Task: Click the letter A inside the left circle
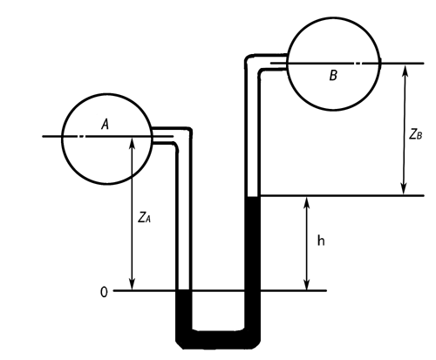tap(106, 125)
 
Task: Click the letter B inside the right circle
tap(333, 75)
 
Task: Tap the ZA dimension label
tap(144, 217)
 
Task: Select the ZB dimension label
tap(416, 134)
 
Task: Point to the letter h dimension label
tap(321, 241)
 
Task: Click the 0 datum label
tap(104, 292)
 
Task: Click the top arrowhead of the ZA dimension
tap(133, 143)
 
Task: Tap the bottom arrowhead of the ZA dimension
tap(133, 284)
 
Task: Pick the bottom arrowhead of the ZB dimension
tap(404, 188)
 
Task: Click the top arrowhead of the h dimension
tap(306, 203)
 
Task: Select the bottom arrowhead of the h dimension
tap(306, 284)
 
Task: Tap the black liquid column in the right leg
tap(252, 262)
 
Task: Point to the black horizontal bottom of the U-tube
tap(218, 339)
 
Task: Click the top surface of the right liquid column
tap(252, 197)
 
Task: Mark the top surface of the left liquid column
tap(184, 290)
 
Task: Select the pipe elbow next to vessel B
tap(252, 62)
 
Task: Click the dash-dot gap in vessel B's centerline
tap(358, 63)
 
